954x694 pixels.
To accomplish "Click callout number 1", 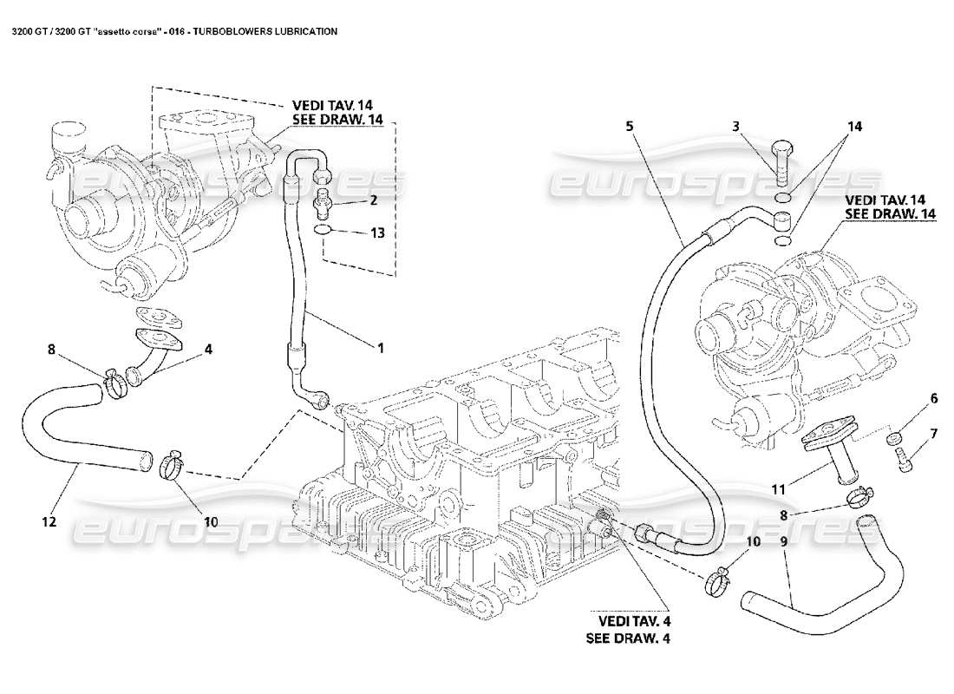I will click(379, 348).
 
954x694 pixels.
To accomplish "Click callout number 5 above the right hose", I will click(630, 126).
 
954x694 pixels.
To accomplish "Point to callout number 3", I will click(736, 126).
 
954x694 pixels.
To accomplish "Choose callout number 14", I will click(855, 126).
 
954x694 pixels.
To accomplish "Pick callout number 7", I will click(933, 433).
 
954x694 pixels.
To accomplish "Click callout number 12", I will click(48, 521).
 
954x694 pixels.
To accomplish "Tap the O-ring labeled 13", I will click(322, 231).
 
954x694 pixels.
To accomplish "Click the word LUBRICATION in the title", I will click(301, 30).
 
